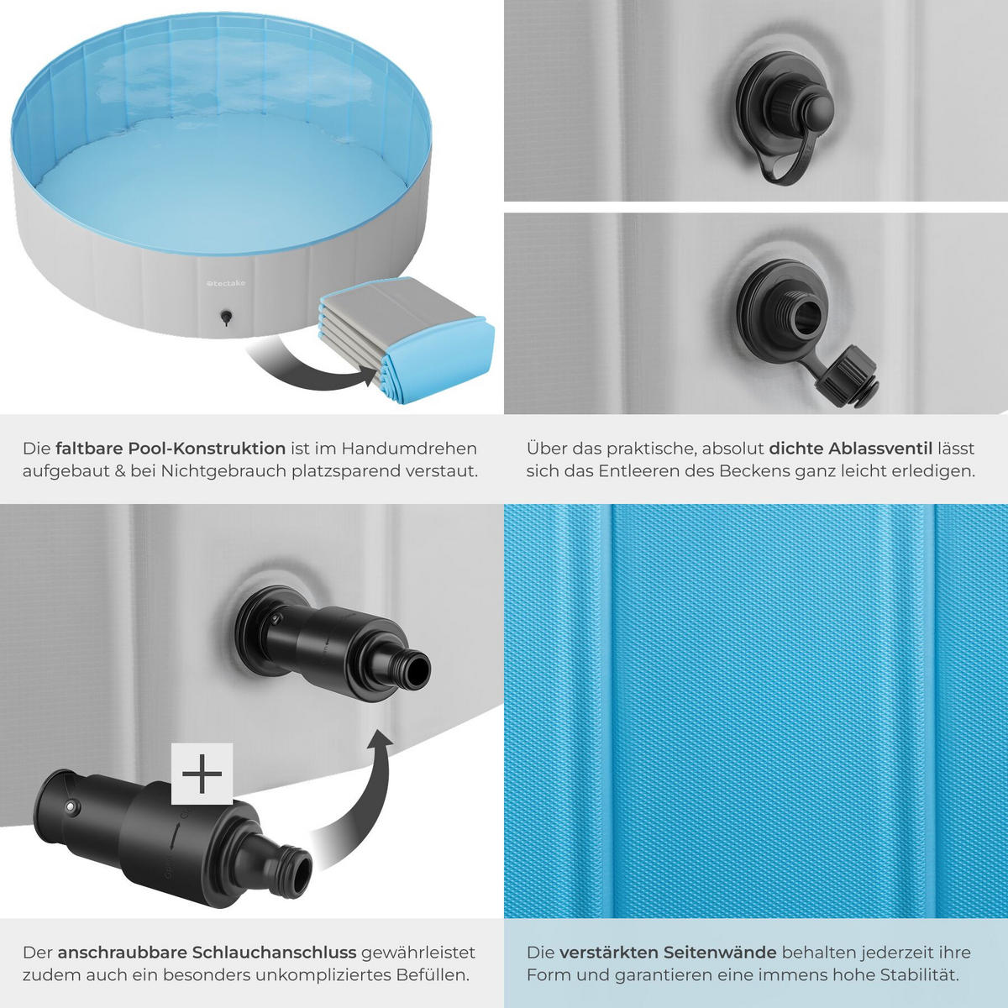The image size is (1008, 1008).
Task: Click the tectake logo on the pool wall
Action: coord(225,283)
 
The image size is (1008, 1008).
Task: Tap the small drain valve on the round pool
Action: coord(226,317)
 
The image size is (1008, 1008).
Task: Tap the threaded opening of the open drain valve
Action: coord(806,318)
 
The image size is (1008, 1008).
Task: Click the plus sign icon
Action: coord(202,773)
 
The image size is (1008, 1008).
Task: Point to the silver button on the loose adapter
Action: coord(70,807)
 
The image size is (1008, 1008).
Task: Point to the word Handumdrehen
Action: coord(410,449)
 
